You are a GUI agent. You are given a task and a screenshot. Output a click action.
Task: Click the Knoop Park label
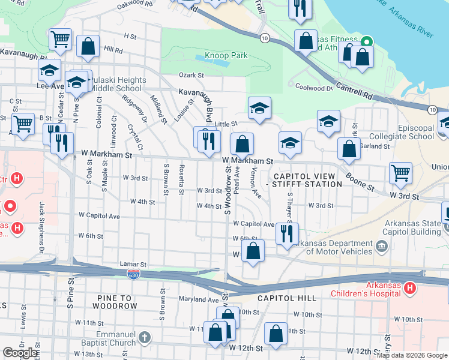click(x=226, y=56)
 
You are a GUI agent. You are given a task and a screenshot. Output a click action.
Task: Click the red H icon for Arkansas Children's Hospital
click(x=410, y=289)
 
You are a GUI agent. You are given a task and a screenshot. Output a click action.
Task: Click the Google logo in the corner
click(x=20, y=353)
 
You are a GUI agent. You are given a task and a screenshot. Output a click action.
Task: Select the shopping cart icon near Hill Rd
click(x=60, y=40)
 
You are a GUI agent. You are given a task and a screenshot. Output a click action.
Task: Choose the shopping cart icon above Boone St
click(x=400, y=173)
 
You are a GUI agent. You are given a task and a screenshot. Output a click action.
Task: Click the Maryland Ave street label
click(x=198, y=299)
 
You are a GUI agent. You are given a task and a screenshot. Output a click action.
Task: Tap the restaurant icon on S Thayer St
click(x=287, y=233)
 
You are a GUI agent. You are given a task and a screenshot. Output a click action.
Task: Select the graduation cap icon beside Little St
click(x=259, y=109)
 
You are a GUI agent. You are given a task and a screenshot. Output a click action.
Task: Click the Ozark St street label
click(x=191, y=76)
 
